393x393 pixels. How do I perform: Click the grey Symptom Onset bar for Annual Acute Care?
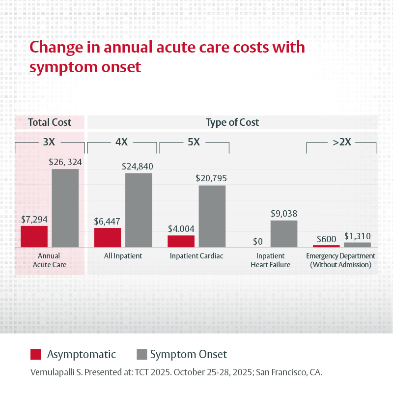(65, 208)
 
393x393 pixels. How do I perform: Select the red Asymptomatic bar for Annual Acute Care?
(34, 236)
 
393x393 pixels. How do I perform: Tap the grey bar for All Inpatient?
(139, 210)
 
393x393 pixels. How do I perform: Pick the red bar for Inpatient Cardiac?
(181, 241)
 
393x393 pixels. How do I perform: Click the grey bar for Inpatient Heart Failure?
(284, 233)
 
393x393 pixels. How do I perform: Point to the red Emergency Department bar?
(326, 246)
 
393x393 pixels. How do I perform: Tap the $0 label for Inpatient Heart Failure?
(258, 241)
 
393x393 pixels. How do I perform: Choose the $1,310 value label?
(357, 236)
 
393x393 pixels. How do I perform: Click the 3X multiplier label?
(49, 142)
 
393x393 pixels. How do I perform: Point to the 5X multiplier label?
(194, 142)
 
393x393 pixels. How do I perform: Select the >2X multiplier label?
(341, 142)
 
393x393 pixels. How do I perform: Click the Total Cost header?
(49, 122)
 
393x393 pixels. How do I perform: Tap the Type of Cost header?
(232, 122)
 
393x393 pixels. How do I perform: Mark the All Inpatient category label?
(123, 256)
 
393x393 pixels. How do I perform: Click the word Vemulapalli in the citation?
(52, 372)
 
